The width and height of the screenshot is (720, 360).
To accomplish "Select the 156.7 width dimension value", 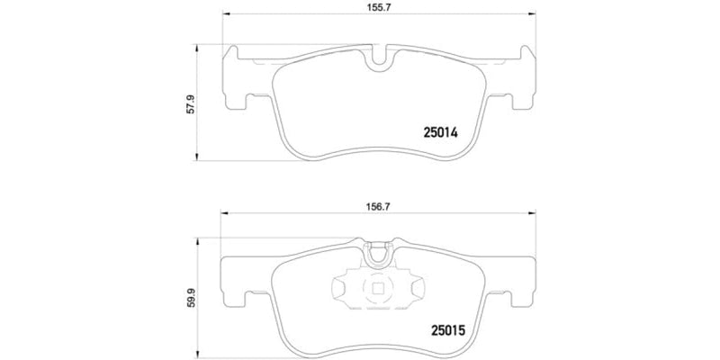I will (x=373, y=203).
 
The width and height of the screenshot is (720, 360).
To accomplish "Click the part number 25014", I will (x=441, y=131).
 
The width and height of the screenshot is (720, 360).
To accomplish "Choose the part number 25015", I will (x=441, y=329).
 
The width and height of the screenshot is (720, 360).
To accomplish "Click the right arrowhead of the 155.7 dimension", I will (x=526, y=15).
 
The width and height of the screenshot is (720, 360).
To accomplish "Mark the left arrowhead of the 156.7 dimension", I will (x=225, y=213).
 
